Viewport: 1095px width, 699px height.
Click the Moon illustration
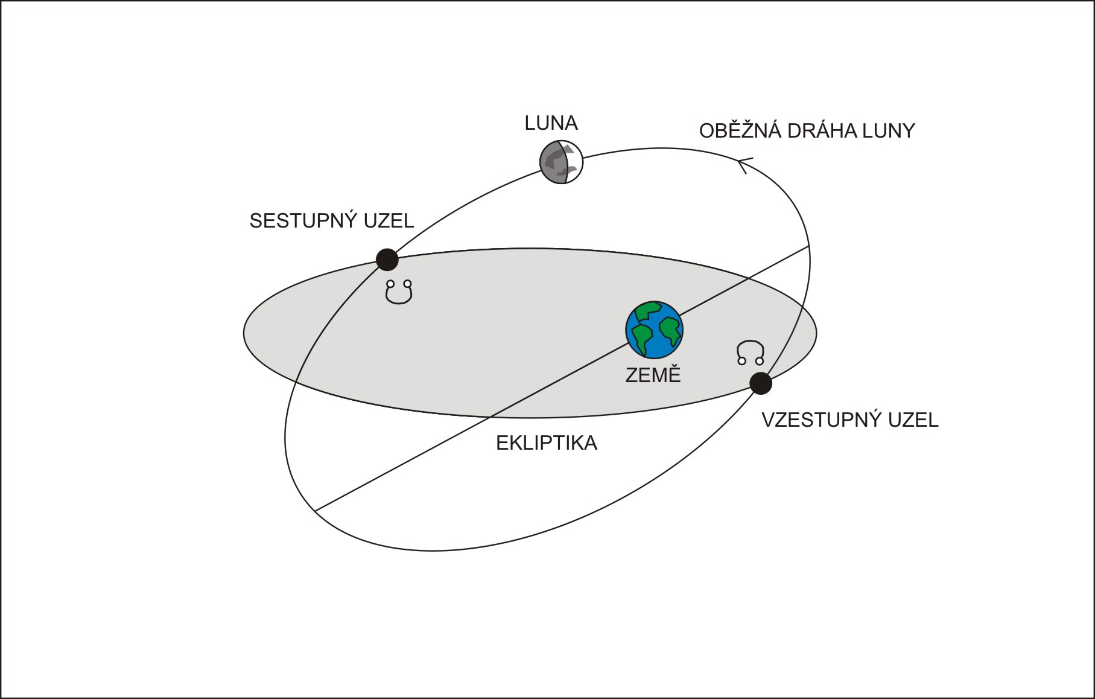pyautogui.click(x=562, y=162)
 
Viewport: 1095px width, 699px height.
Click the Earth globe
pyautogui.click(x=654, y=330)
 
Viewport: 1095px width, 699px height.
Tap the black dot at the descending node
pyautogui.click(x=387, y=260)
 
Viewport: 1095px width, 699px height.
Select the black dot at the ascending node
pyautogui.click(x=761, y=383)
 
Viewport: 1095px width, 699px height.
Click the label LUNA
pyautogui.click(x=551, y=123)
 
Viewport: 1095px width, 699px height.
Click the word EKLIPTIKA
pyautogui.click(x=547, y=443)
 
